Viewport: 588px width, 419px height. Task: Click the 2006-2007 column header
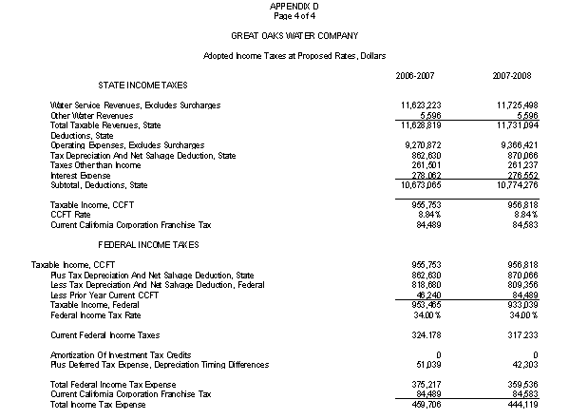coord(416,74)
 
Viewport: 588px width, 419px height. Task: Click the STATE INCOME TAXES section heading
coord(143,86)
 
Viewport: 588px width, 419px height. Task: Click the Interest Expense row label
coord(82,175)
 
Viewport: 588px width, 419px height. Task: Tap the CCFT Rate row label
coord(69,215)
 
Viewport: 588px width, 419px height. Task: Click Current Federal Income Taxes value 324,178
coord(422,334)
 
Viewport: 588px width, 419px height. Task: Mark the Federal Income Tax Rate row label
coord(94,314)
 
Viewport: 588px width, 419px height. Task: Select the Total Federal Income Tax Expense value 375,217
coord(422,384)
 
